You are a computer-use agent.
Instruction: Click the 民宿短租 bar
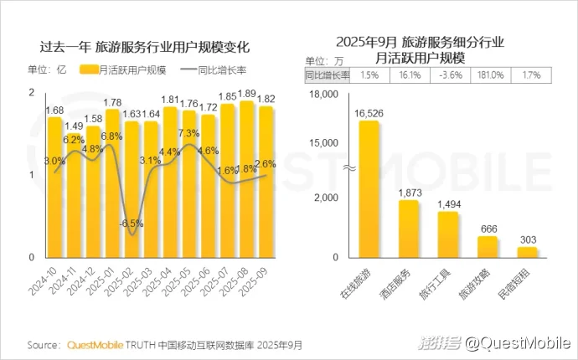coord(527,251)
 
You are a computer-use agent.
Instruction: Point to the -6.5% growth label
coord(129,224)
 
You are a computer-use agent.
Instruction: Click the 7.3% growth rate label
coord(188,133)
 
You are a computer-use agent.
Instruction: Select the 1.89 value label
coord(247,94)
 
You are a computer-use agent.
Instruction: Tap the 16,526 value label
coord(369,112)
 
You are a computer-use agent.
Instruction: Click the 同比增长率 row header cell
coord(327,75)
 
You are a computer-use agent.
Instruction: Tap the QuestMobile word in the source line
coord(95,344)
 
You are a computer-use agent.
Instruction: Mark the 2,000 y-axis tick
coord(325,198)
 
